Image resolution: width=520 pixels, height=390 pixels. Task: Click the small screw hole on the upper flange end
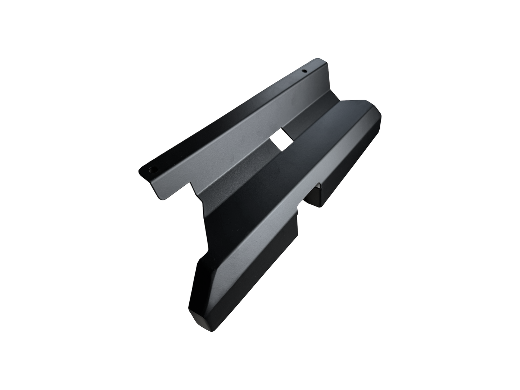tap(304, 71)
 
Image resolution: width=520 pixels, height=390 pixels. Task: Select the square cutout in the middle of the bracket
tap(281, 140)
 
